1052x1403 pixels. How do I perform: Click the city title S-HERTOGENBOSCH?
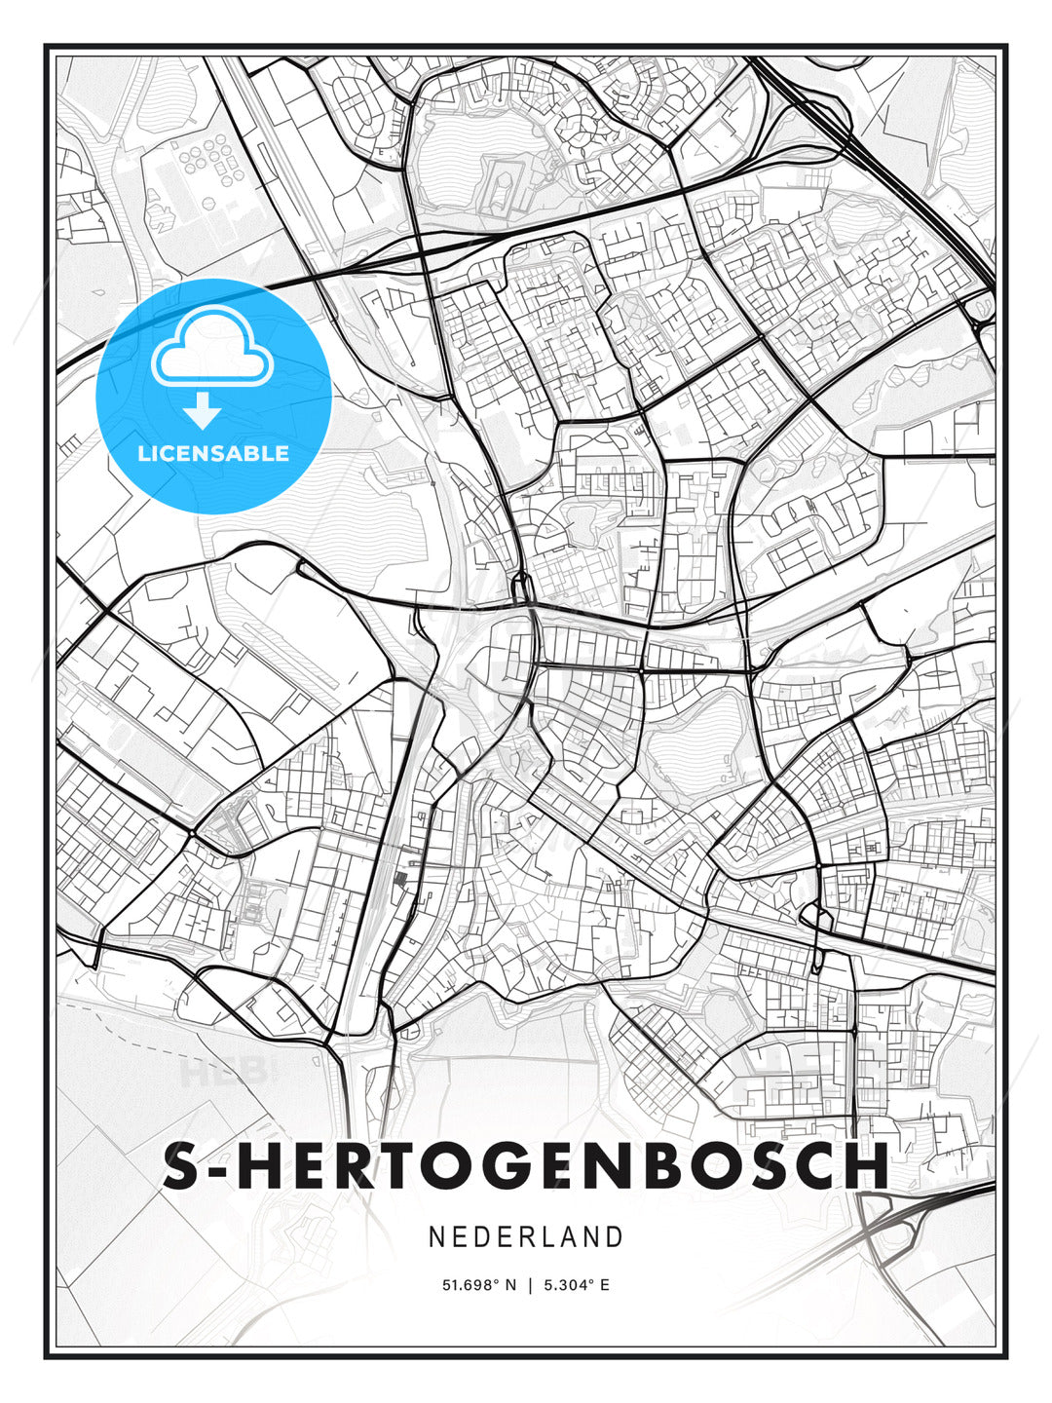(526, 1166)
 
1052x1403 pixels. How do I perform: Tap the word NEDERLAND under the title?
(526, 1237)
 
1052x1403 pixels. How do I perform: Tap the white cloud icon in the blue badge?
(210, 349)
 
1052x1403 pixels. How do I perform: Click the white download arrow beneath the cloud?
(203, 411)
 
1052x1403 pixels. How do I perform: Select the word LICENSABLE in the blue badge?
(213, 454)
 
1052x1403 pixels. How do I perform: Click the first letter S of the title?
(180, 1166)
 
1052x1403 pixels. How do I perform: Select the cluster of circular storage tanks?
(207, 161)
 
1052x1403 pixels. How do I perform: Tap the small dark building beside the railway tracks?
(398, 880)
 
